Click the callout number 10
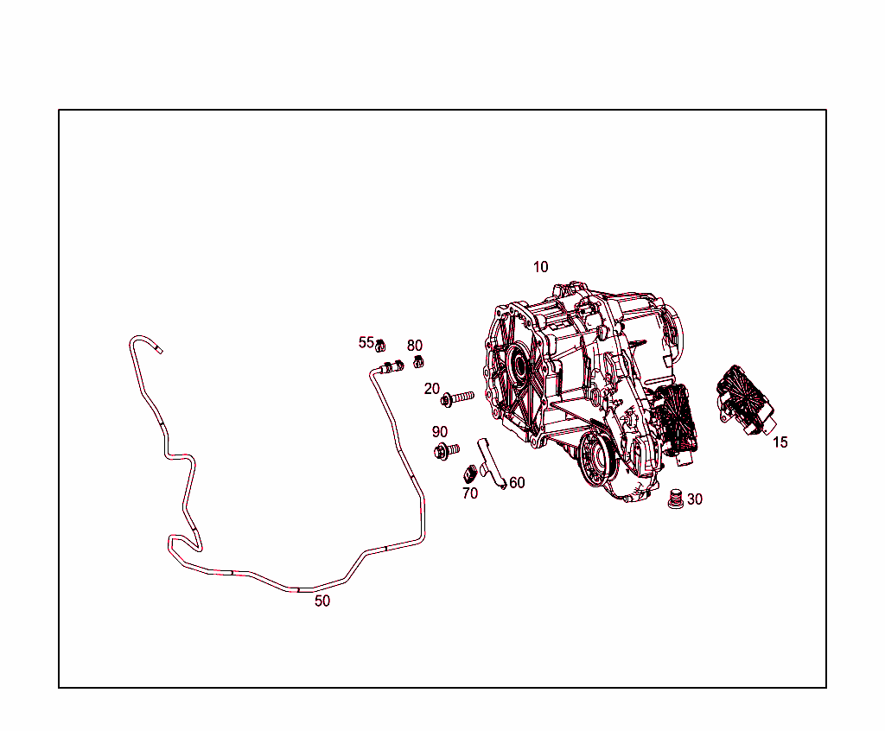click(540, 267)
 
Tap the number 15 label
click(780, 442)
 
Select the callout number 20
click(432, 389)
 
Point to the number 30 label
click(695, 499)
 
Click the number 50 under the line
click(322, 601)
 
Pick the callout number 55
click(366, 342)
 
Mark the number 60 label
click(517, 483)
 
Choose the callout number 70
click(470, 493)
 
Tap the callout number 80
click(415, 346)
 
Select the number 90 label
click(440, 432)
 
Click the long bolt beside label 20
click(457, 398)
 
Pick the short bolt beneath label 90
click(446, 450)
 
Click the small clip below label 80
click(418, 360)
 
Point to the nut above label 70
click(471, 474)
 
